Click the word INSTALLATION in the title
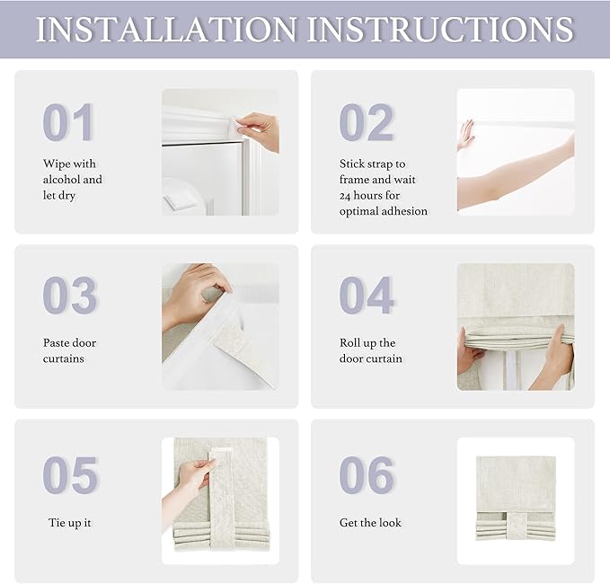click(166, 29)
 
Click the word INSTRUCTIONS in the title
click(440, 29)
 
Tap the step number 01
click(68, 122)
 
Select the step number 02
click(367, 122)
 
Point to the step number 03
click(70, 295)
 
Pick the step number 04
click(367, 295)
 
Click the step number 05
click(70, 474)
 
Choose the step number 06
click(367, 474)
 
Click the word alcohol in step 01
click(61, 180)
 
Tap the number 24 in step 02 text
click(345, 196)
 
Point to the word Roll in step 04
click(349, 342)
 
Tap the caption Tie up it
click(70, 523)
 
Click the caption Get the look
click(370, 523)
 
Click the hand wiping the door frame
click(258, 131)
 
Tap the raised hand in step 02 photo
click(466, 135)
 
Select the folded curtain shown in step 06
click(516, 499)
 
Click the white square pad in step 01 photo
click(180, 201)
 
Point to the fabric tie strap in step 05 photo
click(222, 500)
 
